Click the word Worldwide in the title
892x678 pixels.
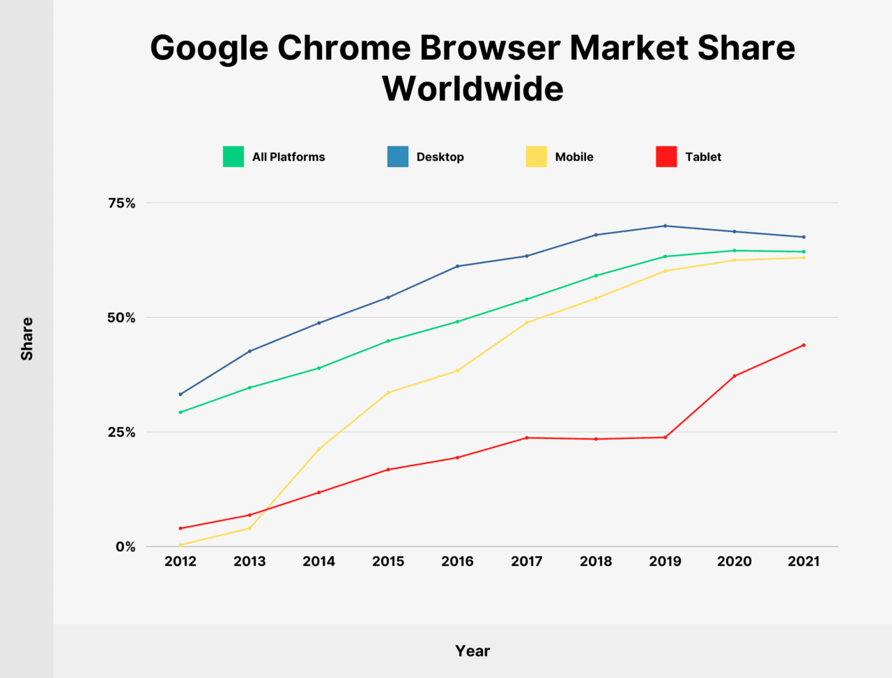[472, 89]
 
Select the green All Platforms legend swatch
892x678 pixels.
[233, 157]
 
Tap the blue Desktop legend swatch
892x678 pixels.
[398, 157]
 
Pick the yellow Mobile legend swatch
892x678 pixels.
[537, 157]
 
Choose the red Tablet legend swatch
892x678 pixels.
[666, 157]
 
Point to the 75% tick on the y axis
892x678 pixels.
[121, 203]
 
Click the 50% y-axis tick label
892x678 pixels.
[121, 318]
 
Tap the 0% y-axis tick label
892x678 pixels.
[125, 547]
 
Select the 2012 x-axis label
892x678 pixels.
[180, 562]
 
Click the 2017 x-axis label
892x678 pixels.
[527, 562]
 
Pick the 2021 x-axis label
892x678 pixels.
[803, 562]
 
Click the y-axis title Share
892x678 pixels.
[27, 339]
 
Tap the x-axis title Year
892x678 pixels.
[472, 651]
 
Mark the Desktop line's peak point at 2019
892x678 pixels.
[666, 226]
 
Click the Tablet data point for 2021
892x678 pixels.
[803, 345]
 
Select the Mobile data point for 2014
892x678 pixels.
[319, 449]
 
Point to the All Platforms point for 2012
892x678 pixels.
[180, 412]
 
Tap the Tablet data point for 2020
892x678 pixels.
[735, 376]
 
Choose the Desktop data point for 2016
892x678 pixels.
[457, 266]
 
